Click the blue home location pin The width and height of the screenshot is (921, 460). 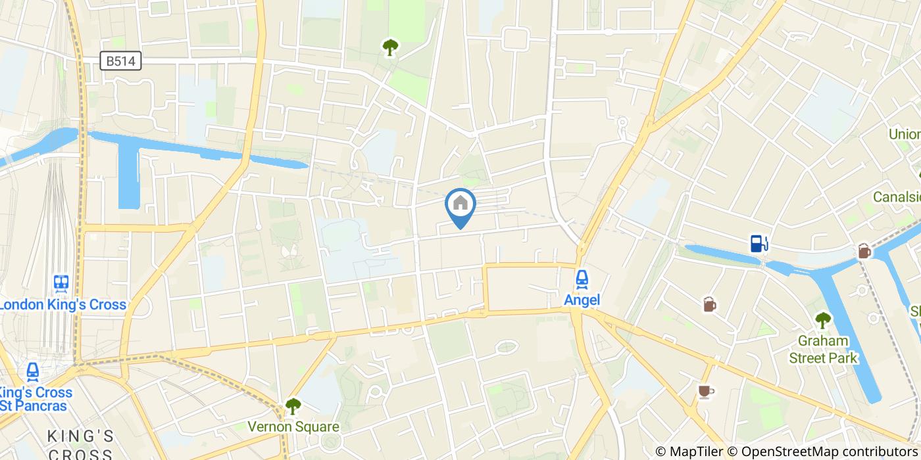pyautogui.click(x=460, y=205)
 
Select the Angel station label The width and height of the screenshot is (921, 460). pyautogui.click(x=582, y=300)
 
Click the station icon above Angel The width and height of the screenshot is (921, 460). pyautogui.click(x=582, y=280)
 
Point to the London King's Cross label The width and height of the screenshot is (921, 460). pyautogui.click(x=62, y=305)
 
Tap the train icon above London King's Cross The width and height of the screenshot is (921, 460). pyautogui.click(x=62, y=283)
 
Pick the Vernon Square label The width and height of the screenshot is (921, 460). pyautogui.click(x=293, y=427)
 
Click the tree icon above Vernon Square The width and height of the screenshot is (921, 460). pyautogui.click(x=293, y=406)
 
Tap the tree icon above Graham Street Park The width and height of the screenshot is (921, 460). pyautogui.click(x=823, y=320)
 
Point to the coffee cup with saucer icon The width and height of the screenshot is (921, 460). pyautogui.click(x=705, y=391)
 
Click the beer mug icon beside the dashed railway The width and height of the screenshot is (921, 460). pyautogui.click(x=864, y=250)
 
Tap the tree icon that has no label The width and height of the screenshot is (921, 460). pyautogui.click(x=391, y=47)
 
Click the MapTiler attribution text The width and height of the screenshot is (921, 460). pyautogui.click(x=697, y=451)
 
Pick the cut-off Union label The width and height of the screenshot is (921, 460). pyautogui.click(x=905, y=134)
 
